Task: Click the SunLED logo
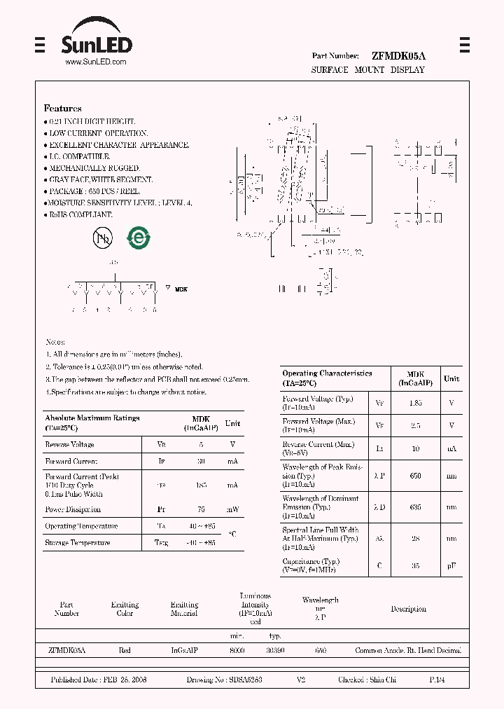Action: point(95,41)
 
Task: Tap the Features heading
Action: point(63,109)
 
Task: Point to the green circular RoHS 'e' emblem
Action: point(138,238)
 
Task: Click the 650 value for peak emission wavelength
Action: point(415,476)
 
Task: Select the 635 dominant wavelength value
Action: point(415,507)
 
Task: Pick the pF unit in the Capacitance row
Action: point(451,565)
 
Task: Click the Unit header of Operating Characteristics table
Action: point(451,378)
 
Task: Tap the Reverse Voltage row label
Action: point(69,444)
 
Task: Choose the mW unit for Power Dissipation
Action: point(232,509)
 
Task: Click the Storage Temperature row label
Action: point(77,542)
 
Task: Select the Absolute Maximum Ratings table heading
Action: point(92,418)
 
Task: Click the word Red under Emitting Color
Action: point(125,651)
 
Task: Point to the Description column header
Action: point(408,609)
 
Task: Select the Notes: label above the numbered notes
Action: point(55,342)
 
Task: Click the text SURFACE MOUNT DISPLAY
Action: point(368,70)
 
